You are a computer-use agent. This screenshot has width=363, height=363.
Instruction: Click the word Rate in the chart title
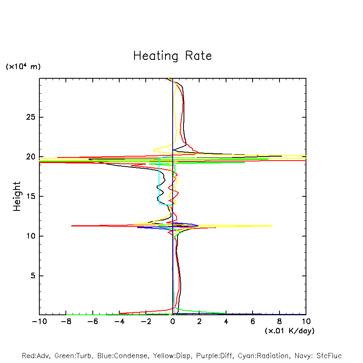coord(198,56)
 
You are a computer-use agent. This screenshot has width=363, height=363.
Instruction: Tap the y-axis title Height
coord(17,196)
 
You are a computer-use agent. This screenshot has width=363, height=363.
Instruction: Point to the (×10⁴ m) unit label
coord(23,67)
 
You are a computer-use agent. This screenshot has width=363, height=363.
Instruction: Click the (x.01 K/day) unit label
coord(290,331)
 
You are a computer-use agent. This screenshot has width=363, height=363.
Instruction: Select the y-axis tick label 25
coord(31,117)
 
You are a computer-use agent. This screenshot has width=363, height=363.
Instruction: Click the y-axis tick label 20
coord(31,157)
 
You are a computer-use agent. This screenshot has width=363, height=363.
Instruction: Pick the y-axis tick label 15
coord(31,196)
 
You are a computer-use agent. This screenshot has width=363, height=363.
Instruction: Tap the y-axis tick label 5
coord(33,276)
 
